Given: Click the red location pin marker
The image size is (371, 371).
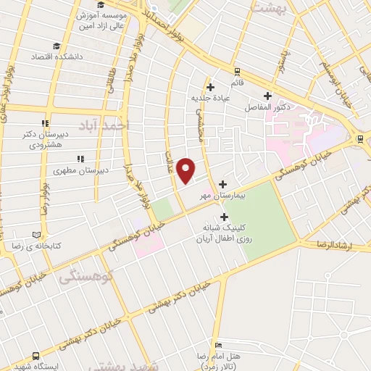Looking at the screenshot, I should (186, 170).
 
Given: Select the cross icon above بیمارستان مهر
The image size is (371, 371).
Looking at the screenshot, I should (222, 183).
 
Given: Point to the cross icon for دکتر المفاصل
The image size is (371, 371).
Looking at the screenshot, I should (267, 95).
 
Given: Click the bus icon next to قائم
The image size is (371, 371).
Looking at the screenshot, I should (238, 71).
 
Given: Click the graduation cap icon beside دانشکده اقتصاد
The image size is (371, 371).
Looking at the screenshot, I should (36, 56).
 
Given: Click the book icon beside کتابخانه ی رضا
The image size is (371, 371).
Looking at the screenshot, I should (36, 235).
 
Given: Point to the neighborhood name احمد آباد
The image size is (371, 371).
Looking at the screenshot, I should (107, 125).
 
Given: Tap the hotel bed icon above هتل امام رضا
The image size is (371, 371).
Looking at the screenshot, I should (218, 345).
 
